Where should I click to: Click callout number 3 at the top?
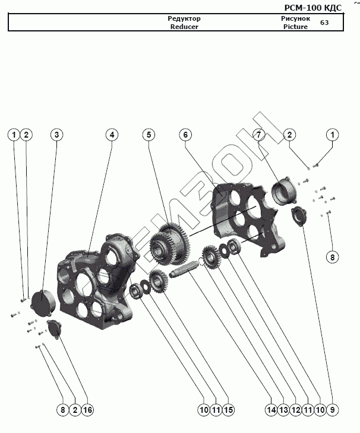coord(56,135)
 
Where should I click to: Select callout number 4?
coord(112,135)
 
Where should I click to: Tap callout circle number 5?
coord(149,135)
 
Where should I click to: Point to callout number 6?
coord(185,135)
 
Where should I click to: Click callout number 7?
coord(259,135)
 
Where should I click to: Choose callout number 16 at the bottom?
coord(87,410)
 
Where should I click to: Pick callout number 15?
coord(228,410)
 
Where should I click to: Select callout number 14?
coord(271,410)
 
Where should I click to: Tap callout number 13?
coord(283,410)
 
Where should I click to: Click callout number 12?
coord(296,410)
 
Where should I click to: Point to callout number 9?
coord(332,410)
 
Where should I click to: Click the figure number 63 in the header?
coord(324,23)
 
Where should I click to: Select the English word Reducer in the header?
coord(184,27)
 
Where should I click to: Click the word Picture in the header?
coord(296,27)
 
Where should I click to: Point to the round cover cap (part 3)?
coord(43,303)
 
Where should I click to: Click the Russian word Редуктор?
coord(184,18)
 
